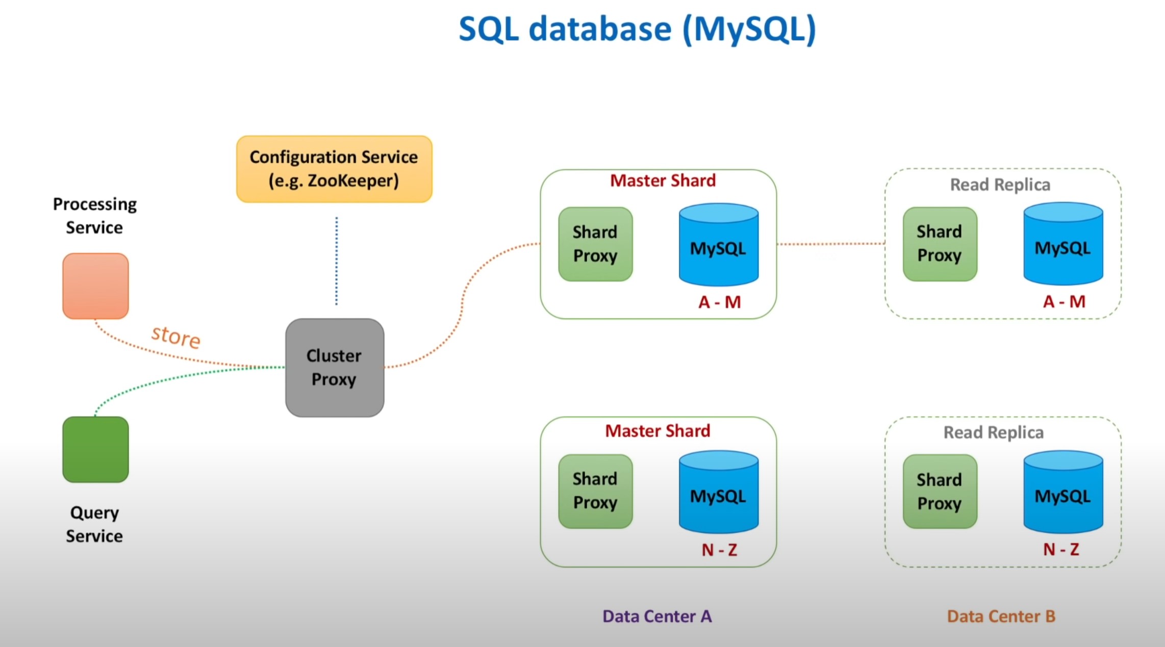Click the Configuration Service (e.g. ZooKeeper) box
[x=334, y=169]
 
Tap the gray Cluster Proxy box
[x=335, y=368]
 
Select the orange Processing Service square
[x=95, y=286]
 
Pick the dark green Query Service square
[x=95, y=449]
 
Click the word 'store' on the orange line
[x=176, y=337]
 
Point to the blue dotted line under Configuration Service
[x=336, y=261]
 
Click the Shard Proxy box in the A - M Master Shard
[x=595, y=244]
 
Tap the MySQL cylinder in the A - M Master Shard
[x=719, y=244]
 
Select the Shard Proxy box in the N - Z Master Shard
[x=595, y=491]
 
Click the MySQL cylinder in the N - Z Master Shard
[x=719, y=491]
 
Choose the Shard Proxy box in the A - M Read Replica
[x=940, y=244]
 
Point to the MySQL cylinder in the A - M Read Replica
[x=1063, y=243]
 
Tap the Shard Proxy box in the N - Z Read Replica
[x=940, y=491]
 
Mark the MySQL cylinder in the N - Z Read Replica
[x=1063, y=491]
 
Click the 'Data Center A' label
[x=657, y=616]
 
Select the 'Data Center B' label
[x=1001, y=616]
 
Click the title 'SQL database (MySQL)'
[x=638, y=29]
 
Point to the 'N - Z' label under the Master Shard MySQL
[x=719, y=550]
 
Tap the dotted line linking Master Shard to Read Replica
[x=831, y=244]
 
